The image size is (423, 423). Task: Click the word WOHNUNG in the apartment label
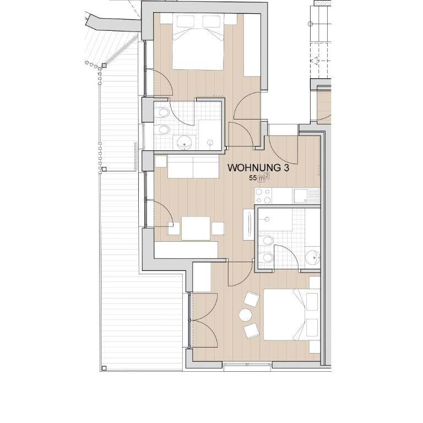[x=254, y=168]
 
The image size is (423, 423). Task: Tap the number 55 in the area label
[x=253, y=178]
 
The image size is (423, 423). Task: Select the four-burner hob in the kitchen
[x=263, y=196]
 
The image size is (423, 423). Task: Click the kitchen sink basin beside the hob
[x=301, y=196]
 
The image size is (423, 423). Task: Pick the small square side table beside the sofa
[x=161, y=161]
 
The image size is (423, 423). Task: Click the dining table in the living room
[x=196, y=228]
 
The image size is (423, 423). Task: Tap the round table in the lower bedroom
[x=245, y=315]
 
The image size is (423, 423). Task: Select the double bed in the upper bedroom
[x=198, y=42]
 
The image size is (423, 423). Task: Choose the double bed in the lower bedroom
[x=291, y=314]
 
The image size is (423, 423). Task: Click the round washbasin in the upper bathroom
[x=185, y=143]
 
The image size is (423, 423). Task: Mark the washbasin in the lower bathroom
[x=313, y=257]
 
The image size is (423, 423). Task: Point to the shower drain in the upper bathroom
[x=210, y=143]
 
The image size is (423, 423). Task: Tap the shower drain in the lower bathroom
[x=267, y=219]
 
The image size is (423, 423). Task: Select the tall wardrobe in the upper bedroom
[x=252, y=45]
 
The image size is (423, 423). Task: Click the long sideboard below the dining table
[x=186, y=250]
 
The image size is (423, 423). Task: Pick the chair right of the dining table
[x=218, y=229]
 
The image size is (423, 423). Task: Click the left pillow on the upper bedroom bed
[x=185, y=21]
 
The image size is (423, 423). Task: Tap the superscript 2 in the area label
[x=267, y=176]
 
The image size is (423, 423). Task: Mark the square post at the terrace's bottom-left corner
[x=104, y=368]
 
